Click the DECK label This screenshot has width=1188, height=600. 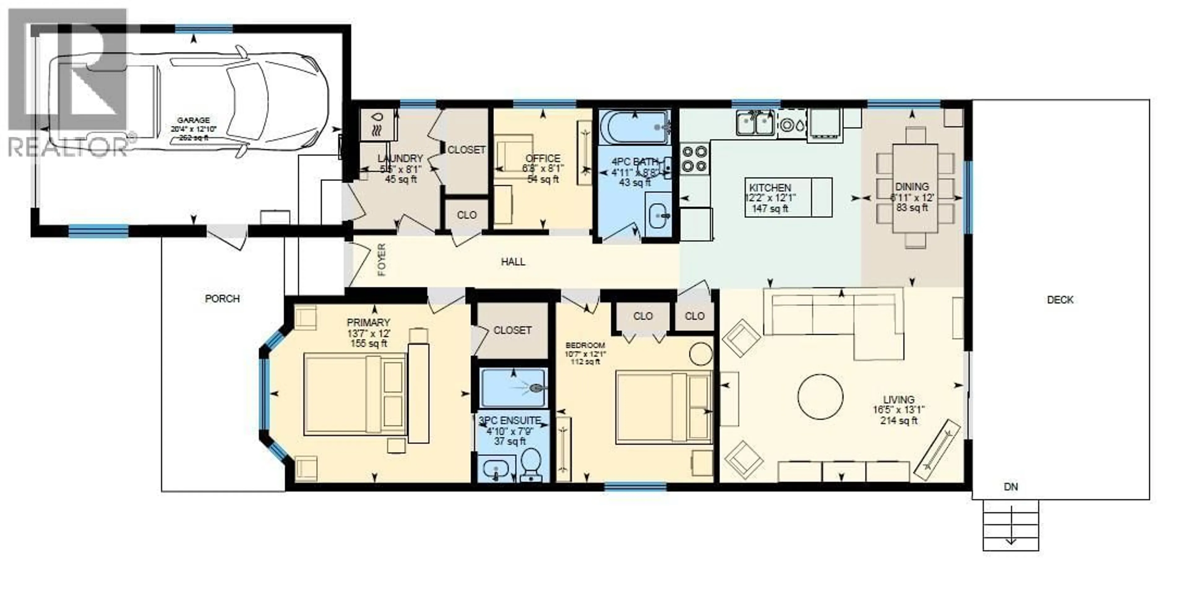coord(1060,300)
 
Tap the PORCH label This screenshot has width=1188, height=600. coord(222,299)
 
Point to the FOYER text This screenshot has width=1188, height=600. coord(381,260)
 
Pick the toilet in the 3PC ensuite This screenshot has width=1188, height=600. coord(532,464)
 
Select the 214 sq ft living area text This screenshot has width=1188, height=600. coord(898,421)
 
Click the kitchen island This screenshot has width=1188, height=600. coord(788,197)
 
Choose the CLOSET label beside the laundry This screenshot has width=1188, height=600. coord(466,150)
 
